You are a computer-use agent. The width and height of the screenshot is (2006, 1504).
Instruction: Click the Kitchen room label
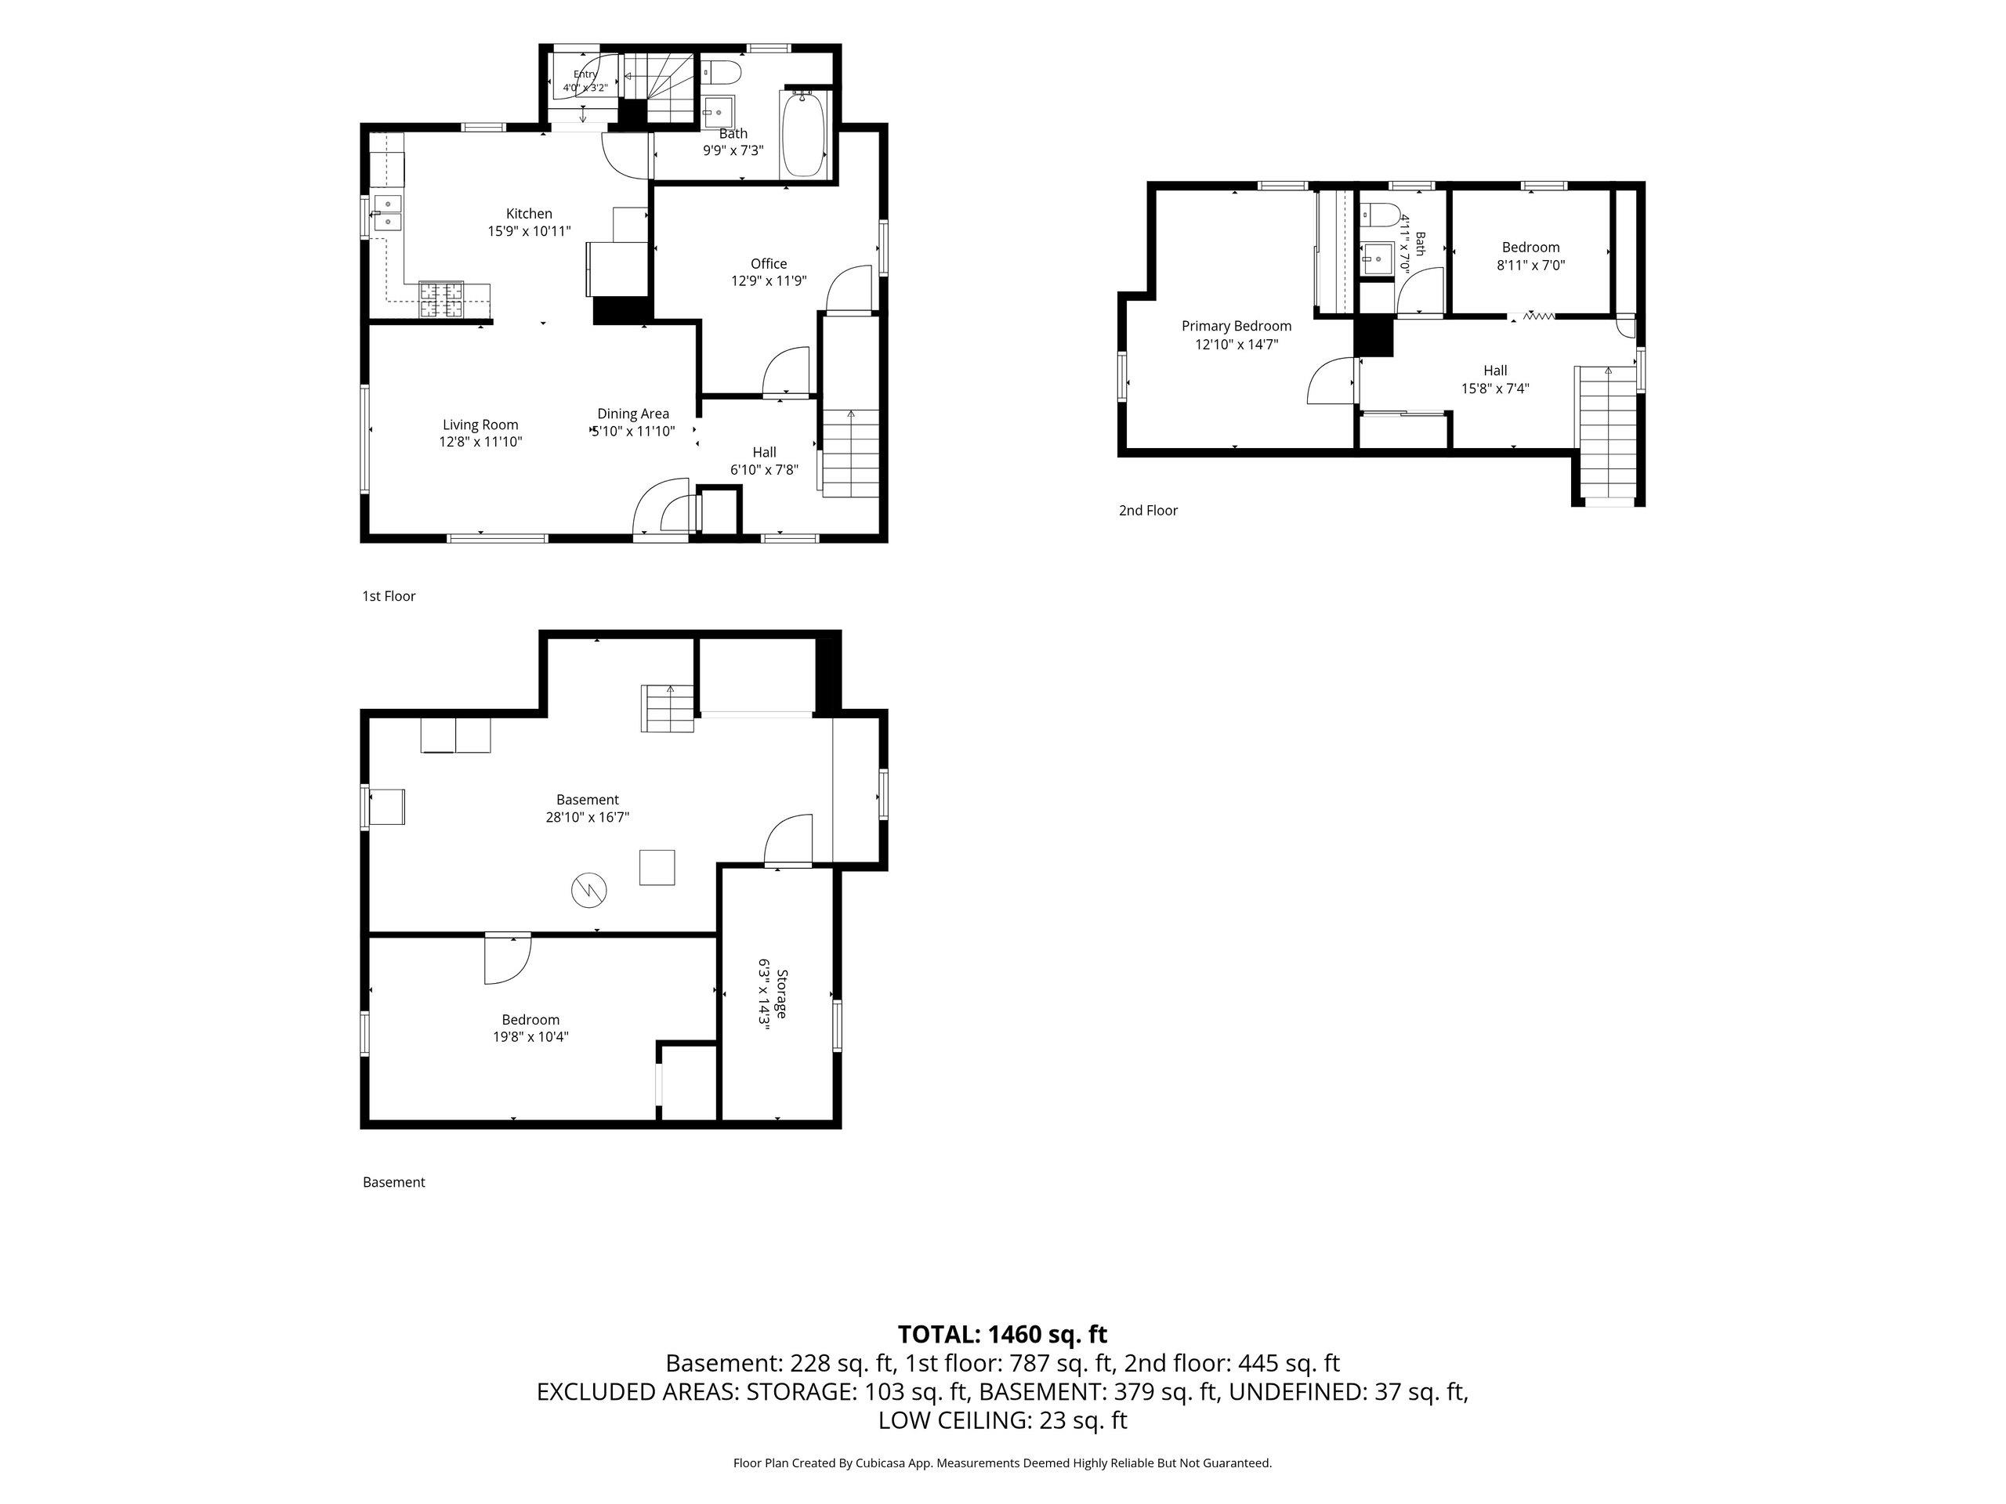(529, 214)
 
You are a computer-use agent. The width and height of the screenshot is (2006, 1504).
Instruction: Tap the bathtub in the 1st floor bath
(803, 134)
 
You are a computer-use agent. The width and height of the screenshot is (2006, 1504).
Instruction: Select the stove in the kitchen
(440, 300)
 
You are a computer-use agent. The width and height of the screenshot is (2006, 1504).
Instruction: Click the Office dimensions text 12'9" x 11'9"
(768, 281)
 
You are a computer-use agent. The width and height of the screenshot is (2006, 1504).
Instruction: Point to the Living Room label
(480, 425)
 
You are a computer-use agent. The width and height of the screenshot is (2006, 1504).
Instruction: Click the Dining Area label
(633, 414)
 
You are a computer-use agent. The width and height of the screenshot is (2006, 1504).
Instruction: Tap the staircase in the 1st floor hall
(851, 453)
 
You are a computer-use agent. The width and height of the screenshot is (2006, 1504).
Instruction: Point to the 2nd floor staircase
(1608, 433)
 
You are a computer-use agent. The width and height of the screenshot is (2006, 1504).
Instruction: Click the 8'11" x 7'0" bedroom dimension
(1531, 266)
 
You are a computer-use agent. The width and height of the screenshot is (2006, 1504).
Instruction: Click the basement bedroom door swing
(508, 959)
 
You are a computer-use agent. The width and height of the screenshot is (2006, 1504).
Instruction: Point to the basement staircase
(669, 709)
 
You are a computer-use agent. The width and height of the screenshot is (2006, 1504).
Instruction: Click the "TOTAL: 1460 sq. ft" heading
(1002, 1335)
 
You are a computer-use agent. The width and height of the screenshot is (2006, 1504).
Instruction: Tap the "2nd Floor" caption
(1148, 511)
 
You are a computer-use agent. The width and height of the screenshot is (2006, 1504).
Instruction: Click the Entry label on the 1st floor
(585, 74)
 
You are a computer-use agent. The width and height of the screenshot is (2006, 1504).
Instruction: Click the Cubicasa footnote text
(1002, 1462)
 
